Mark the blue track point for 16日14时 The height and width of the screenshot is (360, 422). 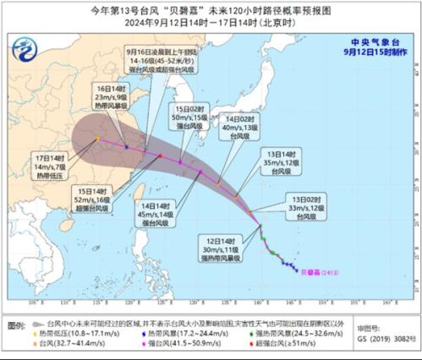(126, 145)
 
